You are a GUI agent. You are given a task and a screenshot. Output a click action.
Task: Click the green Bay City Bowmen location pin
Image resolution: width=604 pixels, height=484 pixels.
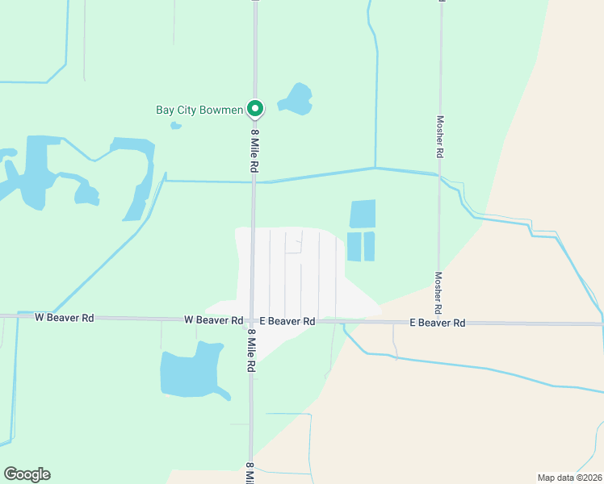click(255, 108)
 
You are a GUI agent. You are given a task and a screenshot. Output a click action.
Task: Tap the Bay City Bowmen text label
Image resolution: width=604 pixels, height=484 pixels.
click(199, 110)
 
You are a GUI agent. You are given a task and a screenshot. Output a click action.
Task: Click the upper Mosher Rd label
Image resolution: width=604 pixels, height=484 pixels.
click(441, 136)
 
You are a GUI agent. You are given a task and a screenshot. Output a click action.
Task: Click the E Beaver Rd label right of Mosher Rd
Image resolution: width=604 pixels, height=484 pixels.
click(438, 323)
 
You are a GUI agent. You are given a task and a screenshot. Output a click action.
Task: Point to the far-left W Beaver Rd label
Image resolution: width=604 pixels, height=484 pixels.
click(65, 318)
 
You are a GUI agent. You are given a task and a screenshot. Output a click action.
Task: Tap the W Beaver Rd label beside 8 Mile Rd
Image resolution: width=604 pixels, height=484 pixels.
click(213, 320)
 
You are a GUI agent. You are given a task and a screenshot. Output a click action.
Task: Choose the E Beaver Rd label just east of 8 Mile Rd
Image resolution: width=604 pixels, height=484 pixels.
click(281, 321)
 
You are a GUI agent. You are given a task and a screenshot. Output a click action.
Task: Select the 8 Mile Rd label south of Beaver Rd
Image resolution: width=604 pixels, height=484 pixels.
click(252, 349)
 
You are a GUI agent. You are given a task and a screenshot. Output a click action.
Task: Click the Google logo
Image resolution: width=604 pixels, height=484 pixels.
click(27, 474)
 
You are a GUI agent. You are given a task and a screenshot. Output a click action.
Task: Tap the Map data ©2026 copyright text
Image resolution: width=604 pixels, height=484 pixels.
click(569, 478)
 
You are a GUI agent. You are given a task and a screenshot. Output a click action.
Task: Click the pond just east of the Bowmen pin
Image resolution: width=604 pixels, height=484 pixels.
click(296, 99)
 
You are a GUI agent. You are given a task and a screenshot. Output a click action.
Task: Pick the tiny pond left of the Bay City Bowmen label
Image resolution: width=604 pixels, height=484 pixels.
click(175, 125)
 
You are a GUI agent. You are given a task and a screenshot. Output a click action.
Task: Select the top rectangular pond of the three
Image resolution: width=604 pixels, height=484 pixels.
click(363, 214)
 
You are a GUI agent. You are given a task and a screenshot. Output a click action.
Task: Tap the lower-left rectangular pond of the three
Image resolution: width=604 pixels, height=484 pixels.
click(354, 246)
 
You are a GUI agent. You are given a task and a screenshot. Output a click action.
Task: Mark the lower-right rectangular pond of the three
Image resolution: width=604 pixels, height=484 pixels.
click(369, 246)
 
